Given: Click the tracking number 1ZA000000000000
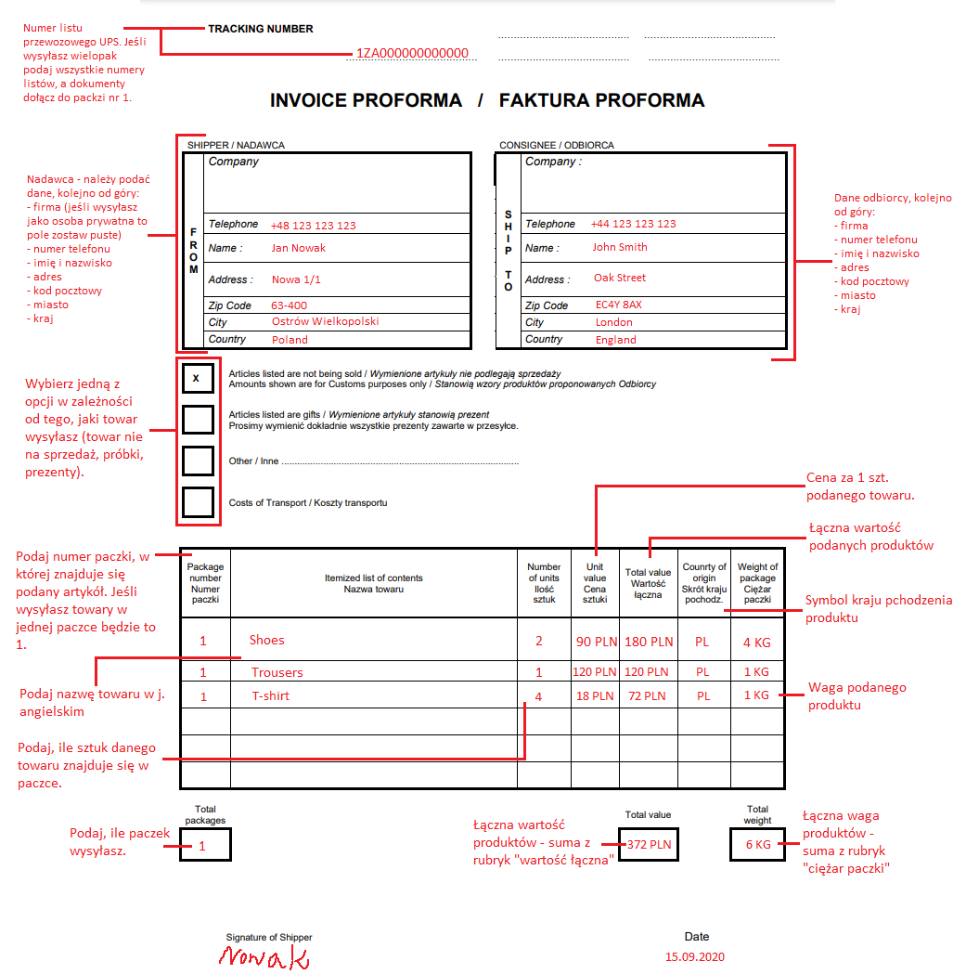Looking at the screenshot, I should click(x=412, y=54).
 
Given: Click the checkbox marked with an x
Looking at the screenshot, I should click(x=197, y=379).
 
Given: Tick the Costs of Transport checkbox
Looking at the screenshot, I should click(x=197, y=502).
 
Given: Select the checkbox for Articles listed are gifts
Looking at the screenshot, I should click(x=197, y=420).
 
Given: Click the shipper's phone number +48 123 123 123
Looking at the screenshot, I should click(x=313, y=226).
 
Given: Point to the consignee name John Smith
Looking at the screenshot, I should click(x=620, y=247).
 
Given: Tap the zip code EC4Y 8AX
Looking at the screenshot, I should click(x=618, y=305).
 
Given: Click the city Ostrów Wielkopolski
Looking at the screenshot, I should click(x=325, y=321).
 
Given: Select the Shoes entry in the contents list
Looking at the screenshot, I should click(x=266, y=640).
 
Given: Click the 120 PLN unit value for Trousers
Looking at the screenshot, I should click(x=595, y=672).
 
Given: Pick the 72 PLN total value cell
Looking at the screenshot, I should click(x=649, y=695).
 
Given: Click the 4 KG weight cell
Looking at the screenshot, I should click(x=756, y=643).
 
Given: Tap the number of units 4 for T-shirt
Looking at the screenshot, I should click(x=539, y=695).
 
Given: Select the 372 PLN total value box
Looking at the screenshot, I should click(x=648, y=845).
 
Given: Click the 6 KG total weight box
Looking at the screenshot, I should click(x=757, y=845).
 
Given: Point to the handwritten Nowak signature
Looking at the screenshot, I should click(x=264, y=956).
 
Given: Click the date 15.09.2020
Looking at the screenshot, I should click(x=694, y=956).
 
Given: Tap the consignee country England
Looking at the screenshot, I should click(x=615, y=340).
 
